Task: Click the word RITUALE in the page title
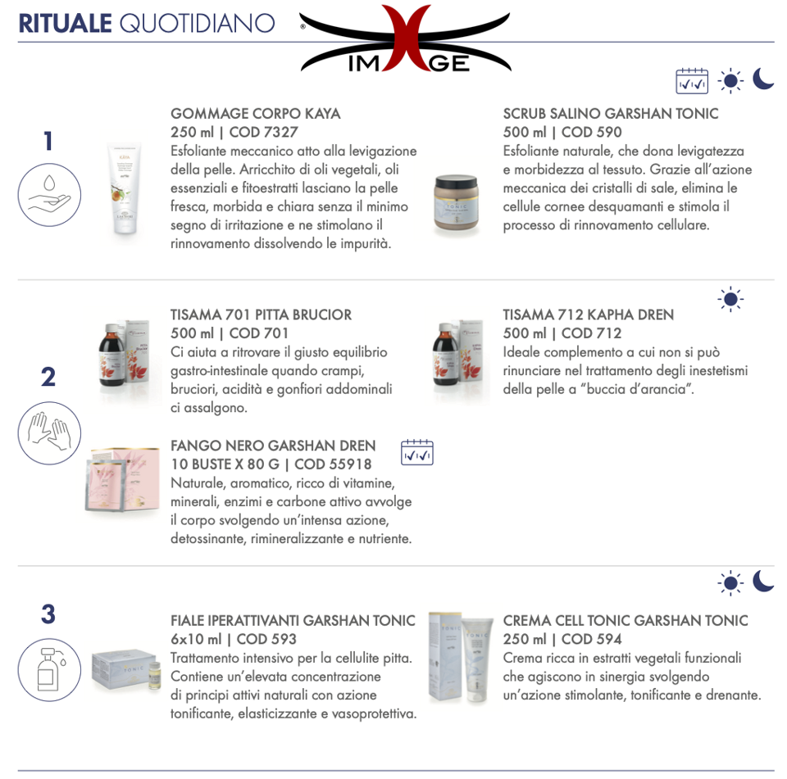pyautogui.click(x=66, y=24)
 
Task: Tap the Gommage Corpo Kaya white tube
pyautogui.click(x=125, y=188)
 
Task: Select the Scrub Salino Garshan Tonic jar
pyautogui.click(x=456, y=202)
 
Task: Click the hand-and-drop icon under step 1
pyautogui.click(x=49, y=195)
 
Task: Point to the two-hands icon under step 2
pyautogui.click(x=49, y=433)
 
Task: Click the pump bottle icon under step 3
pyautogui.click(x=49, y=670)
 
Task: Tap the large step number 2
pyautogui.click(x=48, y=377)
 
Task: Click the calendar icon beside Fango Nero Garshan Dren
pyautogui.click(x=417, y=452)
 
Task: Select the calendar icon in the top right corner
pyautogui.click(x=692, y=81)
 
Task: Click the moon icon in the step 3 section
pyautogui.click(x=763, y=581)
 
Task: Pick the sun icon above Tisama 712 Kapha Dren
pyautogui.click(x=730, y=300)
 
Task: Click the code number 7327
pyautogui.click(x=281, y=132)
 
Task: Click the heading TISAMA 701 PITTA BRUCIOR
pyautogui.click(x=261, y=315)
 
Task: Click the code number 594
pyautogui.click(x=609, y=639)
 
